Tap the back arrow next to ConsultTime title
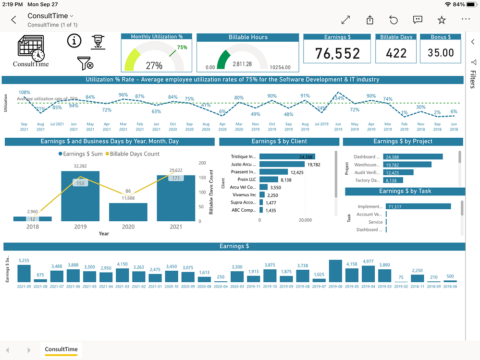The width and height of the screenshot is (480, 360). pyautogui.click(x=14, y=20)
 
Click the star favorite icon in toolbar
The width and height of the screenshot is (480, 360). pyautogui.click(x=442, y=20)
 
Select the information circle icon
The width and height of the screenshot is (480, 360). pyautogui.click(x=74, y=42)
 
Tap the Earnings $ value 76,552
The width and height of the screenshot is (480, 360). pyautogui.click(x=337, y=53)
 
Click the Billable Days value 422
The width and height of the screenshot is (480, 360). pyautogui.click(x=396, y=53)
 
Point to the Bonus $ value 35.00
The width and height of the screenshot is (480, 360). pyautogui.click(x=441, y=53)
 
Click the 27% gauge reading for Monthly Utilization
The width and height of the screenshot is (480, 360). pyautogui.click(x=154, y=66)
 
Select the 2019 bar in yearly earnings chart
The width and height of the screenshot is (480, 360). pyautogui.click(x=80, y=196)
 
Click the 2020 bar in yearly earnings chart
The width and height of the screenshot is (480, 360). pyautogui.click(x=128, y=212)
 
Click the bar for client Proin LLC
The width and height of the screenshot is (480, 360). pyautogui.click(x=269, y=180)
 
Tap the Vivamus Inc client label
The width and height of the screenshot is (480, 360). pyautogui.click(x=244, y=195)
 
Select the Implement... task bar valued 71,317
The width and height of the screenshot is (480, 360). pyautogui.click(x=418, y=206)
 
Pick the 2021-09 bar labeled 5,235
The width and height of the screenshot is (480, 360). pyautogui.click(x=24, y=273)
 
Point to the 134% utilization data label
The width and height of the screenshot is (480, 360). pyautogui.click(x=338, y=98)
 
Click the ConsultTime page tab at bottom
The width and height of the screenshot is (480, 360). pyautogui.click(x=62, y=349)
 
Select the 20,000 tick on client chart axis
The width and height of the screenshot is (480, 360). pyautogui.click(x=305, y=220)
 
